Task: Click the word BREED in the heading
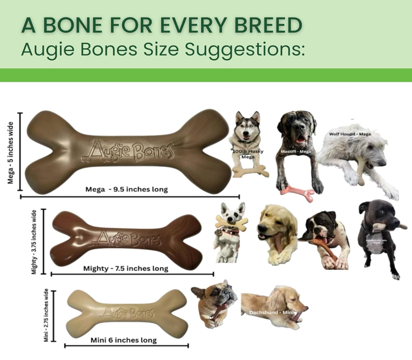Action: (x=268, y=25)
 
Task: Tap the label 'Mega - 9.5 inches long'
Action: (x=126, y=189)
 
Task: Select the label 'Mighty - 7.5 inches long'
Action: (x=125, y=268)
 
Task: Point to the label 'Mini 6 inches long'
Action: (x=124, y=340)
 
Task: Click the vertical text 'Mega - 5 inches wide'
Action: (x=11, y=153)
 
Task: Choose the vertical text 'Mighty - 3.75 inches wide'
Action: (x=34, y=242)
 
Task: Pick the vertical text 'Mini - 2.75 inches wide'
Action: (x=46, y=315)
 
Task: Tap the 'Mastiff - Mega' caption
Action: (x=296, y=151)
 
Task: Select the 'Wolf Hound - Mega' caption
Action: (x=350, y=134)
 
